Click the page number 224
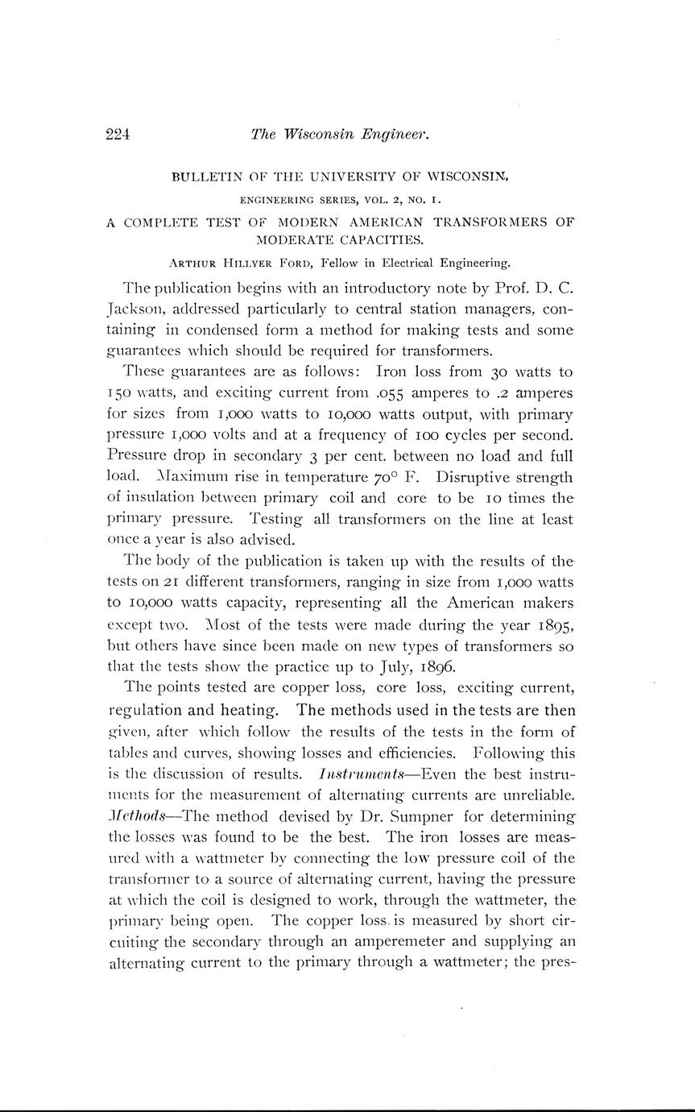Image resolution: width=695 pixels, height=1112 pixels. point(118,135)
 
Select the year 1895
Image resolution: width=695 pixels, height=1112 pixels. point(552,624)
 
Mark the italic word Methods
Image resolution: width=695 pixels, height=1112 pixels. point(134,815)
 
